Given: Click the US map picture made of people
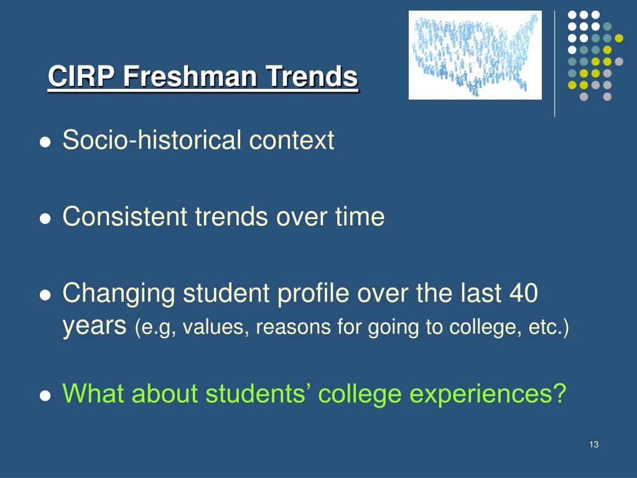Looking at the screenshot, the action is (475, 55).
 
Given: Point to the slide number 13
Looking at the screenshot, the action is (593, 444).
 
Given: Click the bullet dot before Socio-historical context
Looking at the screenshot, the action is (45, 142).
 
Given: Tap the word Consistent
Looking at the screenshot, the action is (124, 216).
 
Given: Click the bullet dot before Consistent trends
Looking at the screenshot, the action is (45, 218).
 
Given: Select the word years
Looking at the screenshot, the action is (95, 326).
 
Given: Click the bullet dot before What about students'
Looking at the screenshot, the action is (45, 396).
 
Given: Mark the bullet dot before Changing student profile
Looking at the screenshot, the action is (45, 294).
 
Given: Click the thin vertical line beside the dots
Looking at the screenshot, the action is (555, 64).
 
